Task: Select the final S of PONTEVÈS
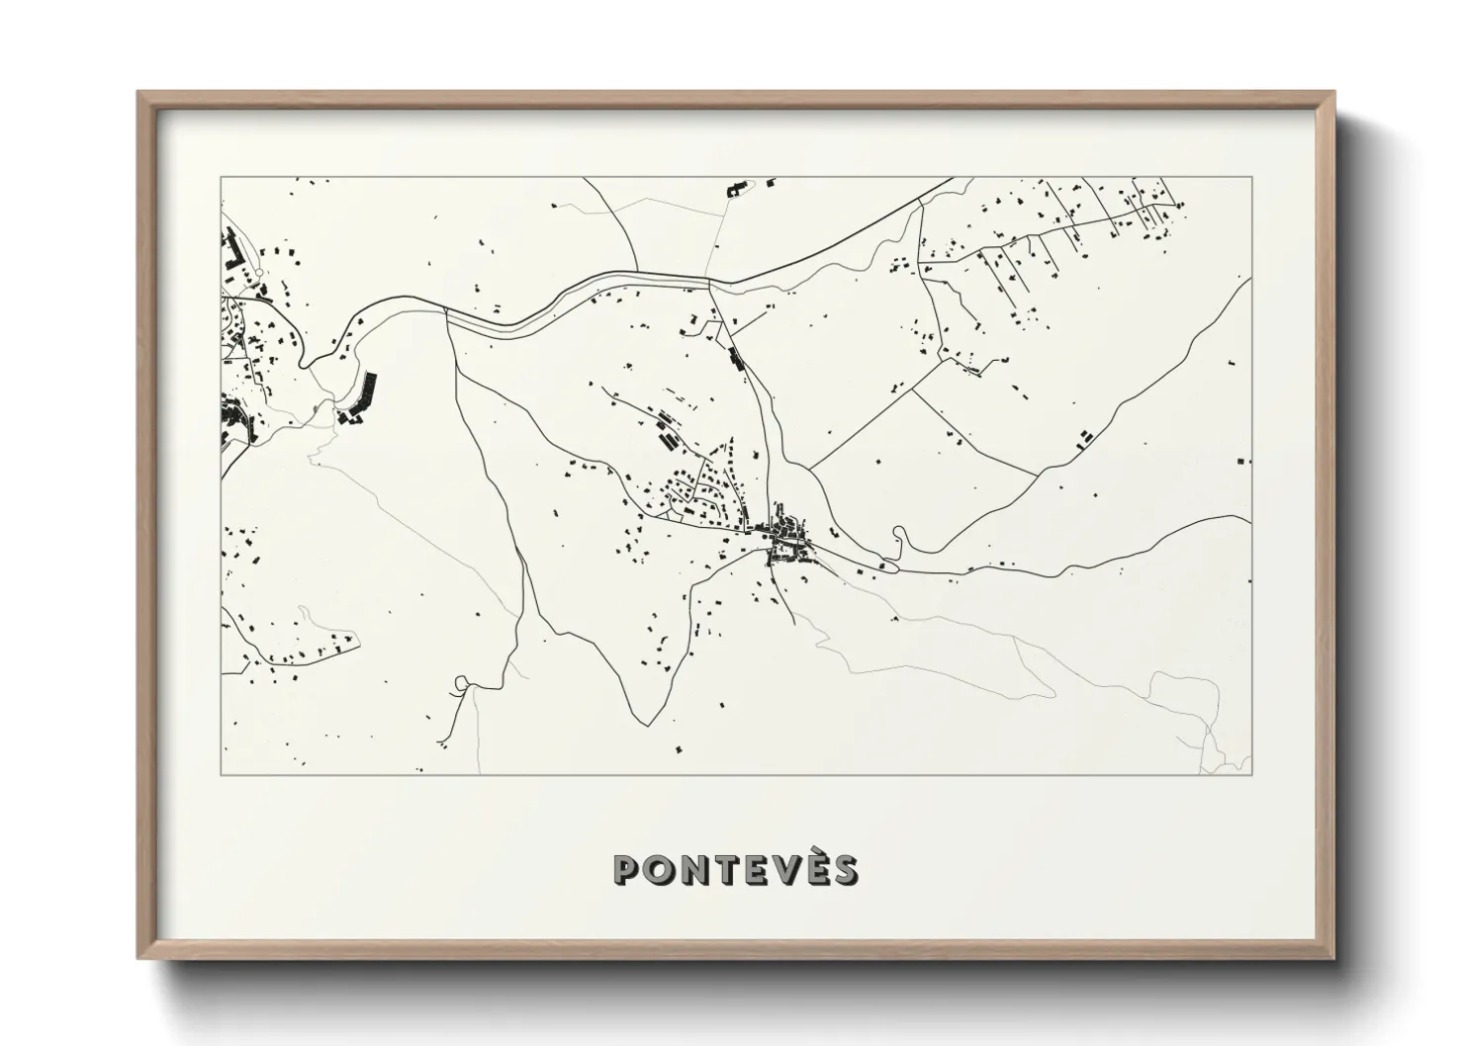pos(844,870)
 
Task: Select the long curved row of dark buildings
pos(360,397)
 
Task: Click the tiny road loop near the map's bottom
pos(461,681)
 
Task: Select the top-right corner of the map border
pos(1251,178)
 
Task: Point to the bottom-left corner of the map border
pos(222,774)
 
